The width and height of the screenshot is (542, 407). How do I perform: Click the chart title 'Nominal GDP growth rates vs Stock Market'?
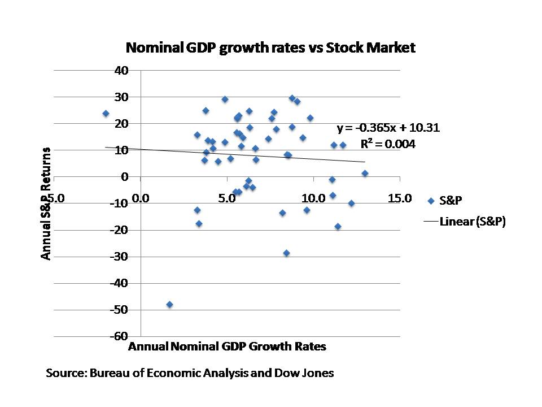pyautogui.click(x=270, y=47)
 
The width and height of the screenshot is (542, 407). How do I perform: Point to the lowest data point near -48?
pyautogui.click(x=169, y=304)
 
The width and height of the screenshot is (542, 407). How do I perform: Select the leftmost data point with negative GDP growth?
pyautogui.click(x=106, y=113)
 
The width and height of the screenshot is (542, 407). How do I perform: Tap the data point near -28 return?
pyautogui.click(x=286, y=253)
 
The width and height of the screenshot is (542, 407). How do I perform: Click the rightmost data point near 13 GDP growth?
pyautogui.click(x=365, y=173)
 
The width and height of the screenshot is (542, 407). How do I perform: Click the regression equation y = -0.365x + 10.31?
pyautogui.click(x=388, y=128)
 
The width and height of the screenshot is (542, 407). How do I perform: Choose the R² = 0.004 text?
pyautogui.click(x=388, y=144)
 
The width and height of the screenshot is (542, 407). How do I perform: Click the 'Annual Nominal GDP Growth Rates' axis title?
pyautogui.click(x=227, y=347)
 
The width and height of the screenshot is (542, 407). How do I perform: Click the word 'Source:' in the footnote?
pyautogui.click(x=64, y=373)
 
